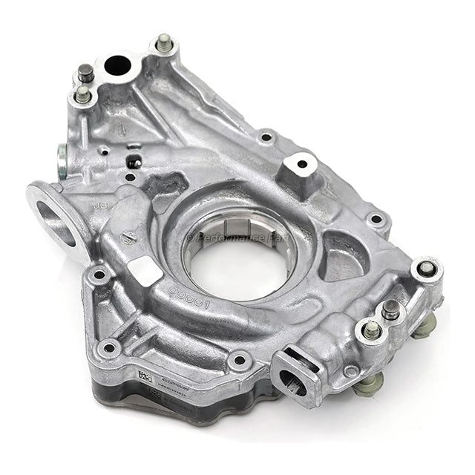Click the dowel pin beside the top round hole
pyautogui.click(x=87, y=73)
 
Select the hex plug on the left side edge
pyautogui.click(x=62, y=156)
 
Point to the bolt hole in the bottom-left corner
pyautogui.click(x=110, y=347)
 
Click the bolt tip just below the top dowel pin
pyautogui.click(x=83, y=94)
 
